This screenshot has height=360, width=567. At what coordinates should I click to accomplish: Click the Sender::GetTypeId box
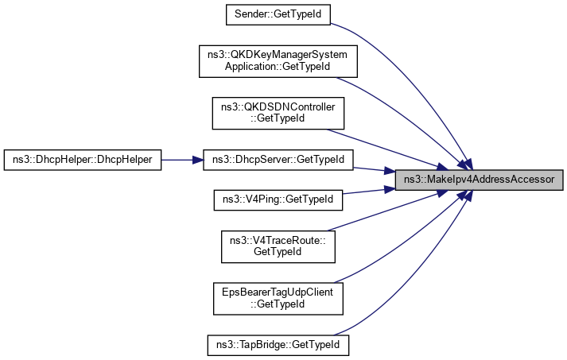click(278, 14)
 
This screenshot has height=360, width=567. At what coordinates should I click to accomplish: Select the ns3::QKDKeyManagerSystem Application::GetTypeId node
click(278, 61)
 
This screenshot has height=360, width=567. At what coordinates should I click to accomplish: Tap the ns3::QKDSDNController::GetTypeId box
click(278, 112)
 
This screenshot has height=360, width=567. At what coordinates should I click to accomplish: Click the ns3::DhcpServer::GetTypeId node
click(278, 159)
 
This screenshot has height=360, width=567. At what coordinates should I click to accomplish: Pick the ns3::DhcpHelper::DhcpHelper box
click(83, 159)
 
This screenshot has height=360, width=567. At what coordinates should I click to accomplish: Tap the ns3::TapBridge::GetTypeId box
click(278, 346)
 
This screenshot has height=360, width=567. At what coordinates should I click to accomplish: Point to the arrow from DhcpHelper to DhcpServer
click(183, 159)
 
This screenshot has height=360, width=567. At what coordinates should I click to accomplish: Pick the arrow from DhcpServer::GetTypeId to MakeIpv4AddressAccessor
click(374, 168)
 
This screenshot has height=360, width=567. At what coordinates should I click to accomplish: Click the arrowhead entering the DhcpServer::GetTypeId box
click(198, 159)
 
